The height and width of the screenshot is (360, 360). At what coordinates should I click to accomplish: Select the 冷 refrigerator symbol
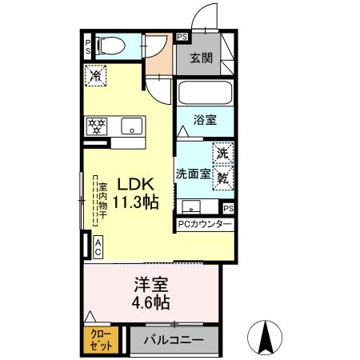[x=96, y=78]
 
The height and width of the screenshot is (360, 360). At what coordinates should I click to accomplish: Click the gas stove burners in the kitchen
[x=98, y=126]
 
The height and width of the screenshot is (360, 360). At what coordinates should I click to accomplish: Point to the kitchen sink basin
[x=130, y=126]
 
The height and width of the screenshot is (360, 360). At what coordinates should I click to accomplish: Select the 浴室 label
[x=206, y=120]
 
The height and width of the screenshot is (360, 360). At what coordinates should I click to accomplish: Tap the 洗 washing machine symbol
[x=222, y=152]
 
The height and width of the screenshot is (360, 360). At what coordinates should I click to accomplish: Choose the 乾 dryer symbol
[x=222, y=178]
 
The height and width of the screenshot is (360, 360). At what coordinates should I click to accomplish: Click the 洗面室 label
[x=193, y=173]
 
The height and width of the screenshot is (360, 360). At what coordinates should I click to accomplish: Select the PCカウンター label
[x=205, y=225]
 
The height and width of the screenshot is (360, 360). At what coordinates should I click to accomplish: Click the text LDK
[x=132, y=182]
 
